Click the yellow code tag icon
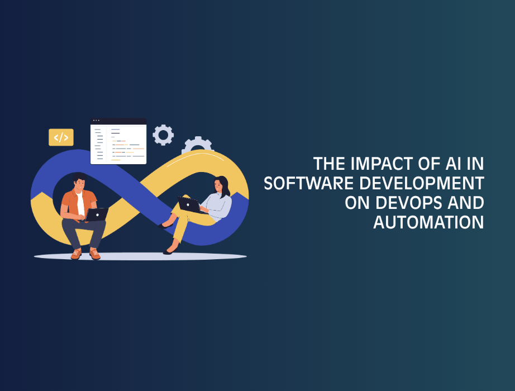(x=61, y=137)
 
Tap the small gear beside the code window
(x=163, y=135)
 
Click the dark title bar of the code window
(x=118, y=121)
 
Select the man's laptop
(x=96, y=214)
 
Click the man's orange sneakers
(x=85, y=254)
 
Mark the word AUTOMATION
(x=428, y=222)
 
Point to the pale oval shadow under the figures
(x=140, y=256)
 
